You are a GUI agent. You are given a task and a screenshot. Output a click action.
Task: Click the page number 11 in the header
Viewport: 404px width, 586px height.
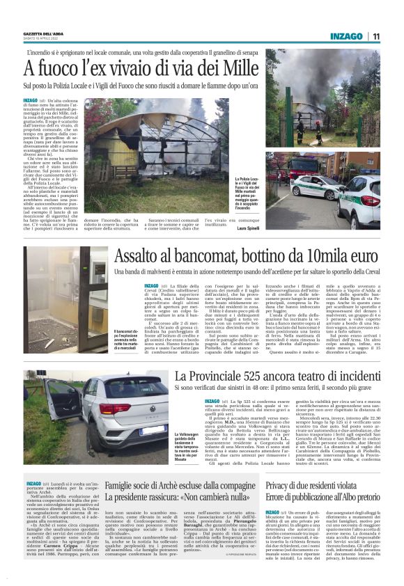pos(375,35)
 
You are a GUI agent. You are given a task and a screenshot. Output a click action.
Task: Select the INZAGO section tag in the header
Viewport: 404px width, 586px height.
pos(347,35)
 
